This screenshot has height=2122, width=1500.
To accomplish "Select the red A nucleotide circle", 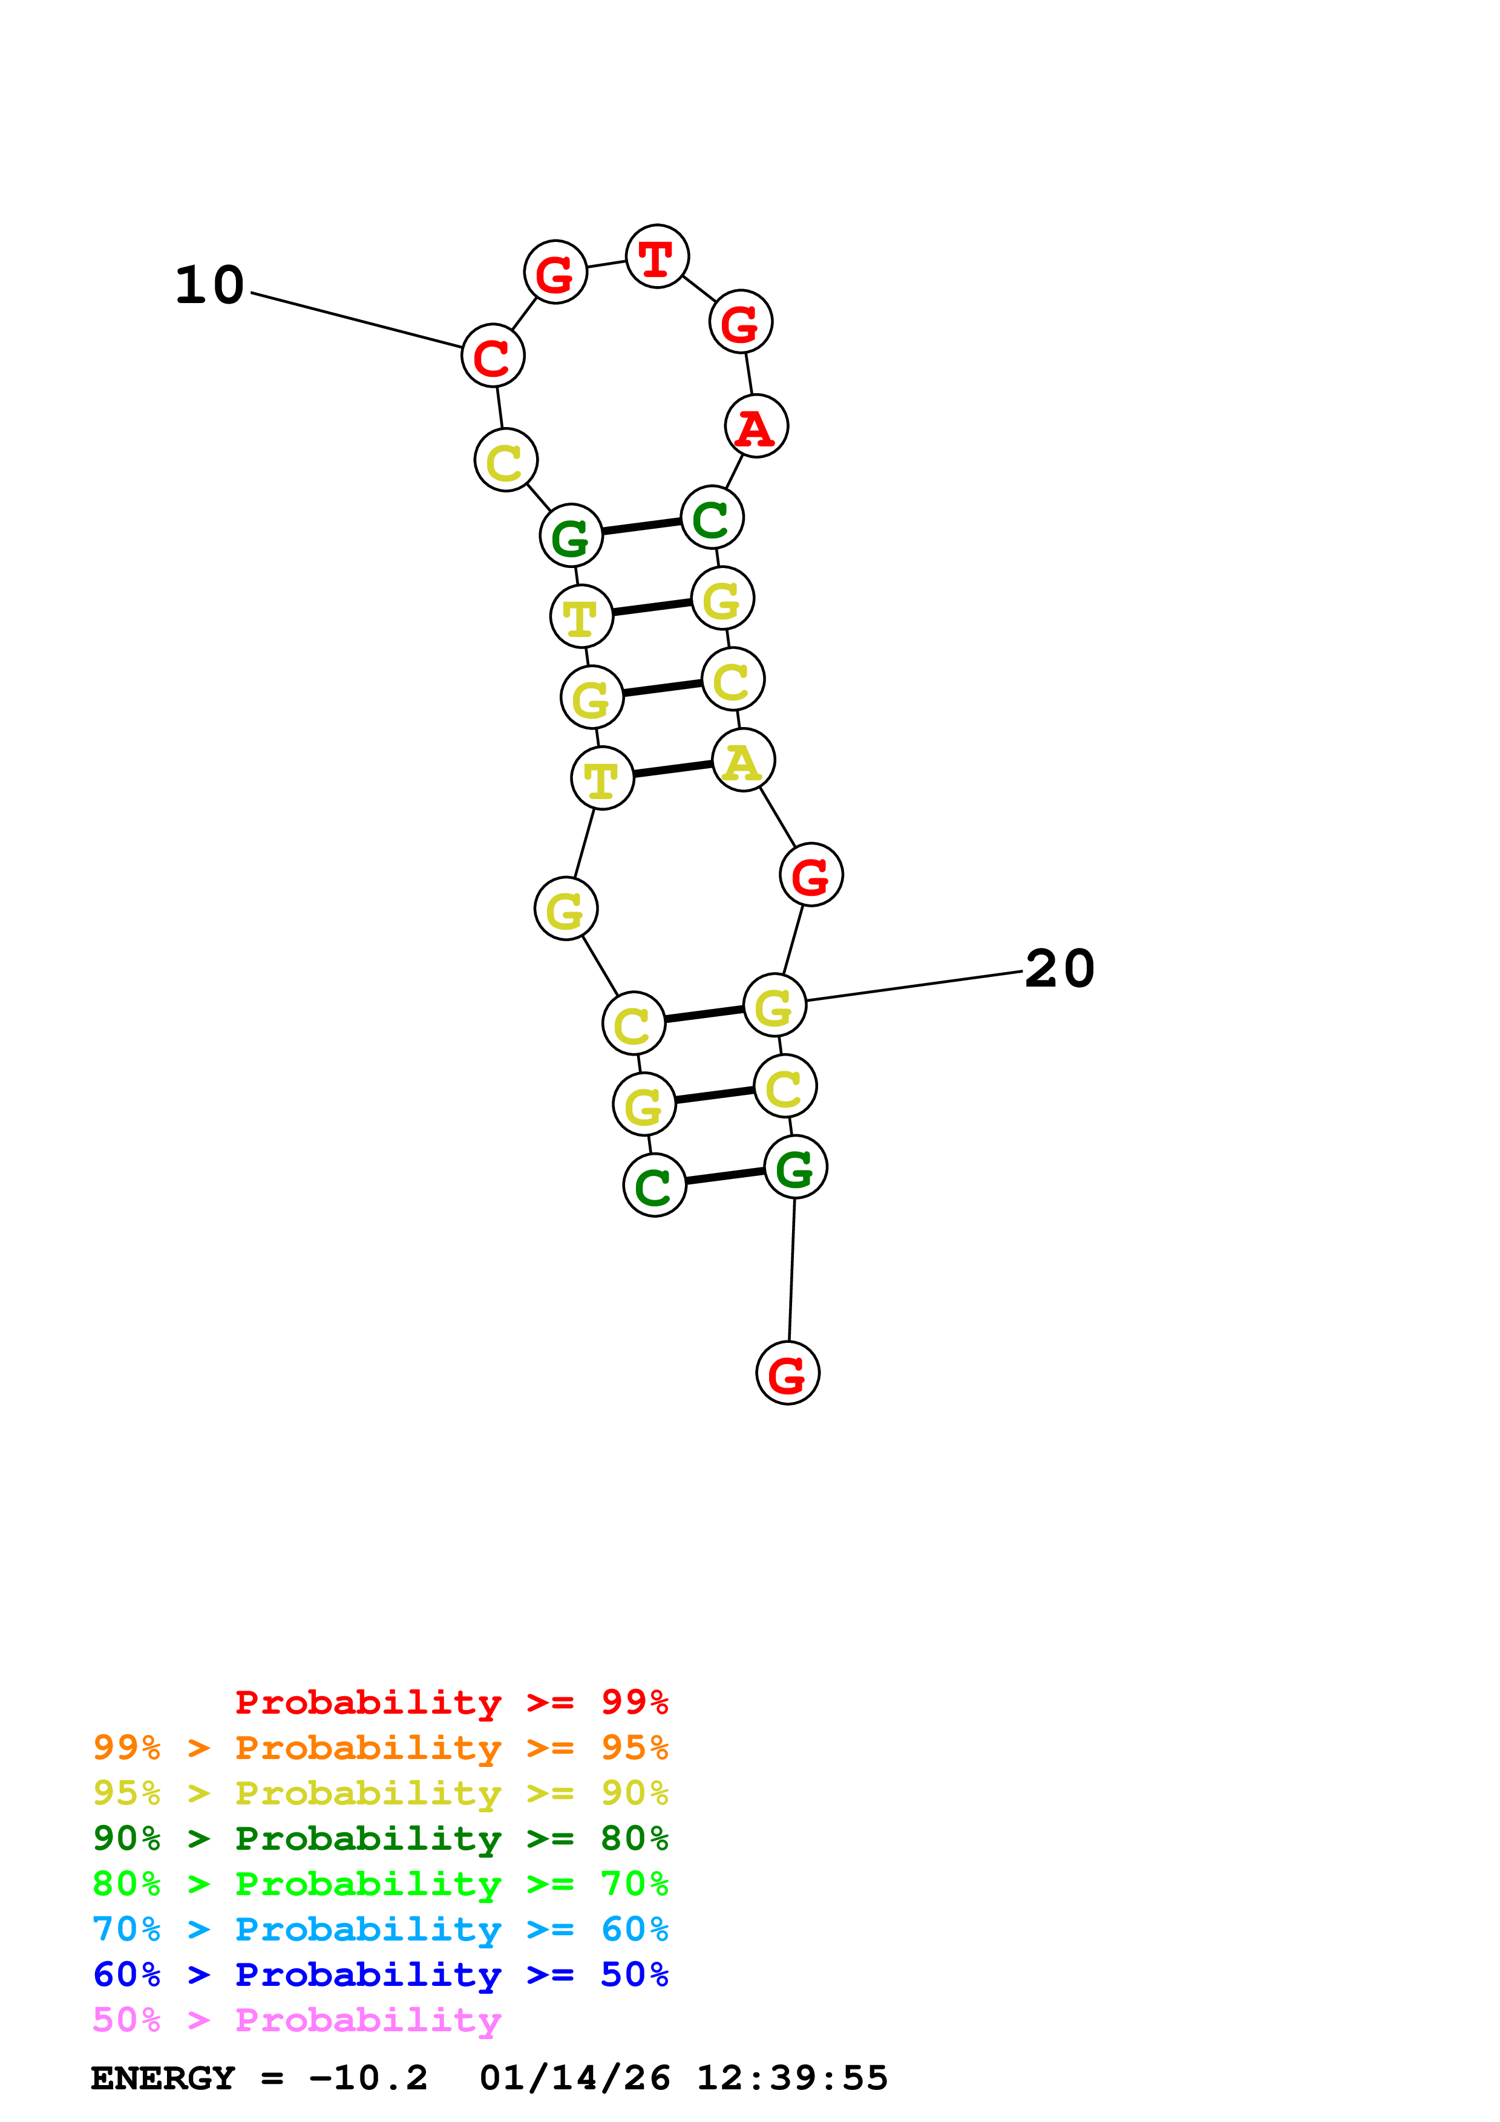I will click(756, 426).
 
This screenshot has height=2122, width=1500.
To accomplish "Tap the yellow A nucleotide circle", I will click(743, 760).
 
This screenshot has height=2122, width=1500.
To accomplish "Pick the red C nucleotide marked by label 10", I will click(493, 356).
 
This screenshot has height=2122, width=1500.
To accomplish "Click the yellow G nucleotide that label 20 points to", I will click(775, 1005).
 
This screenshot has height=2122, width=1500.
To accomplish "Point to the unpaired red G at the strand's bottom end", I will click(787, 1373).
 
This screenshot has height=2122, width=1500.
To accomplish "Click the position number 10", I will click(210, 285).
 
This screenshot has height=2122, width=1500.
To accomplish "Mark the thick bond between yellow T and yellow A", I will click(673, 769).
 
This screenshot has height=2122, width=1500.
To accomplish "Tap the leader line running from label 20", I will click(915, 985).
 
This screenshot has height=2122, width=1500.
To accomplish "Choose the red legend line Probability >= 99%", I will click(451, 1702).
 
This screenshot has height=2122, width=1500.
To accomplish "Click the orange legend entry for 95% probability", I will click(380, 1748).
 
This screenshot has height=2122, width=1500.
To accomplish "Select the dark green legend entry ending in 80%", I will click(380, 1838).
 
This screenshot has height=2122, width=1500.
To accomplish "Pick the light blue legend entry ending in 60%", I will click(380, 1929).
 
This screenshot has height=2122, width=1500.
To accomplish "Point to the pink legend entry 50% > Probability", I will click(296, 2019).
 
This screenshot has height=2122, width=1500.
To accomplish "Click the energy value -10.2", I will click(368, 2078).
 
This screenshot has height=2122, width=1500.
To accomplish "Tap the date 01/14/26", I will click(574, 2078).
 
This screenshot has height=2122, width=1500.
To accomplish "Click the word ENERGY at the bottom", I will click(163, 2078).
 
